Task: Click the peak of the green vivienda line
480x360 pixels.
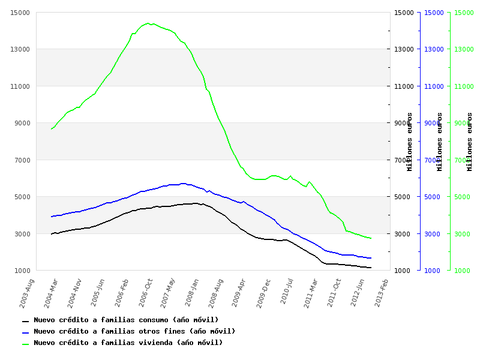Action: [x=147, y=23]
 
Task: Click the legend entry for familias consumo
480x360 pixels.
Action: [x=126, y=320]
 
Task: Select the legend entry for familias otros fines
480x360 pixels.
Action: [x=134, y=332]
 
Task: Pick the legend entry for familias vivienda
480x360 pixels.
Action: [x=128, y=343]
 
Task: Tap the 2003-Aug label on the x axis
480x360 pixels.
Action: [x=27, y=292]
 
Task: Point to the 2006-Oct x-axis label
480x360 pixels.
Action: [x=146, y=292]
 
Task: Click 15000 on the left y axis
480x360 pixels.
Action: [x=20, y=13]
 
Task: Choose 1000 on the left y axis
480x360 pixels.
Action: [x=22, y=271]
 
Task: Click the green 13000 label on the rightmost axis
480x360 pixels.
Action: [x=463, y=49]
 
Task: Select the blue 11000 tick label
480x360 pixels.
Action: [x=433, y=86]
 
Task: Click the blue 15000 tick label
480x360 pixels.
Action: [x=433, y=13]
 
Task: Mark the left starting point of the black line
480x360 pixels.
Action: [x=52, y=234]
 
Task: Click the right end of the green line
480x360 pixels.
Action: [x=371, y=238]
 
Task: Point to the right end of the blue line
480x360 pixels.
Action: [x=371, y=258]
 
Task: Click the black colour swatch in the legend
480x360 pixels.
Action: [x=25, y=322]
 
